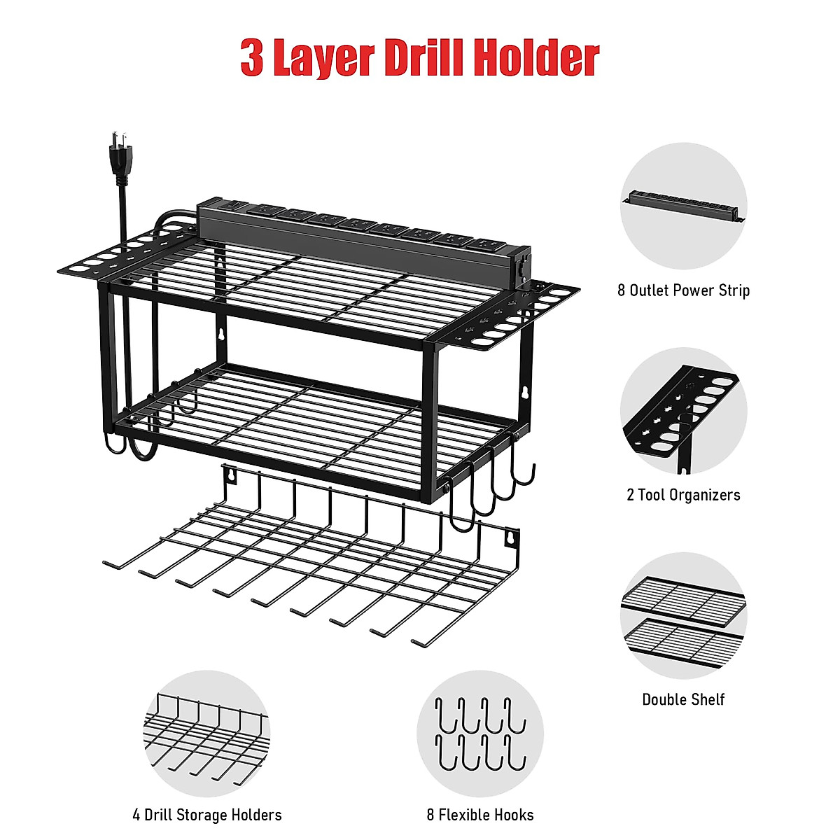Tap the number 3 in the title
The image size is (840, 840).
252,59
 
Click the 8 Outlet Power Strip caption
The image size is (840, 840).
683,290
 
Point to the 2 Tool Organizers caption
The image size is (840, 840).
683,495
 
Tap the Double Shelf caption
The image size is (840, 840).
683,699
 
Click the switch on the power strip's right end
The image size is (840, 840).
521,269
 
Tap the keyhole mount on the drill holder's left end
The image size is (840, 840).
230,476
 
